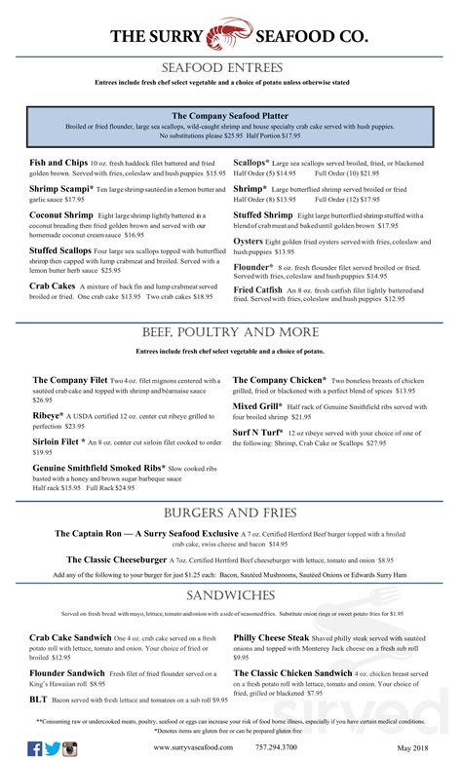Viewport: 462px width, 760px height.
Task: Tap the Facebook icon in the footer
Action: (35, 748)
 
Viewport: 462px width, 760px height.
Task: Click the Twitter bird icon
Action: (53, 748)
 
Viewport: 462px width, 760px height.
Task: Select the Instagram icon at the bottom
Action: (70, 748)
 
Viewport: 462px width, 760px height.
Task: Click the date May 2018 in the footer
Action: (414, 748)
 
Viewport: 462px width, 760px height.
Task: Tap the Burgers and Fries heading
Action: (230, 513)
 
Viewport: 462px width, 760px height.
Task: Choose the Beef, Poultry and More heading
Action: (230, 333)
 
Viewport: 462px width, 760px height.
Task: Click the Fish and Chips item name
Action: (58, 161)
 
